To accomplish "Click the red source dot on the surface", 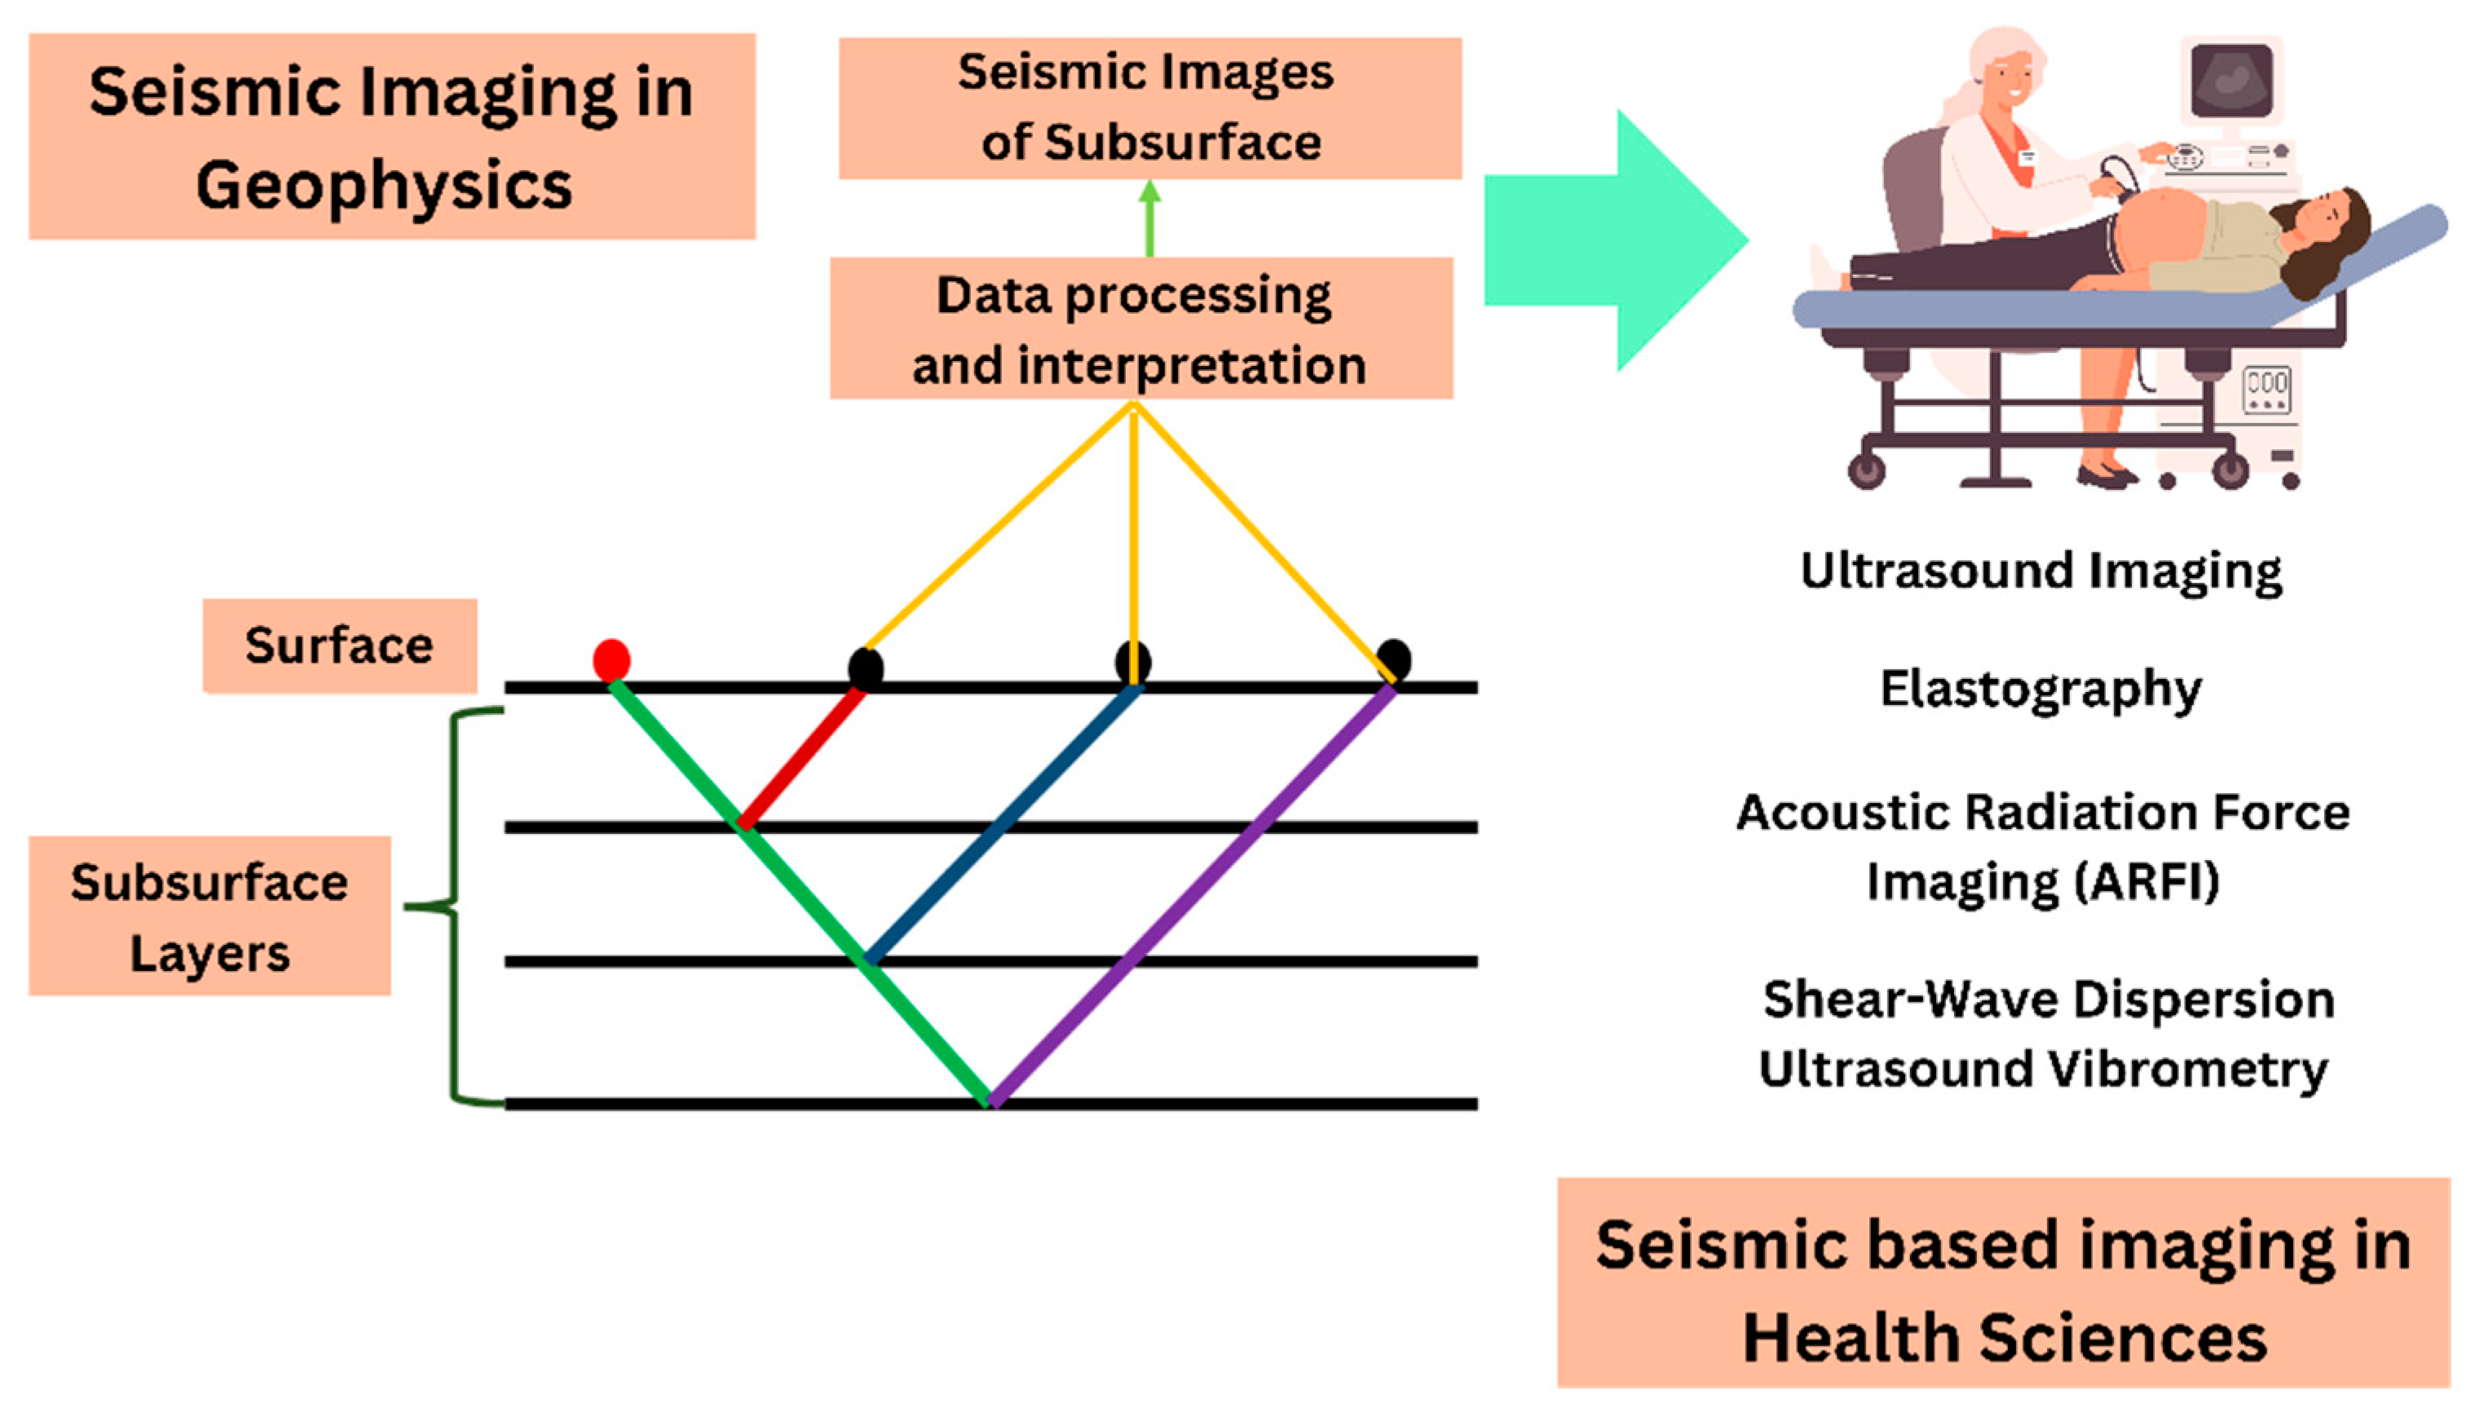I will (x=611, y=659).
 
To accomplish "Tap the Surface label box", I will (x=339, y=646).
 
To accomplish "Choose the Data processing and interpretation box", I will (x=1141, y=329).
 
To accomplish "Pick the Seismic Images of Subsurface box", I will (x=1149, y=108).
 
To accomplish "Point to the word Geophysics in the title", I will (x=383, y=185).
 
